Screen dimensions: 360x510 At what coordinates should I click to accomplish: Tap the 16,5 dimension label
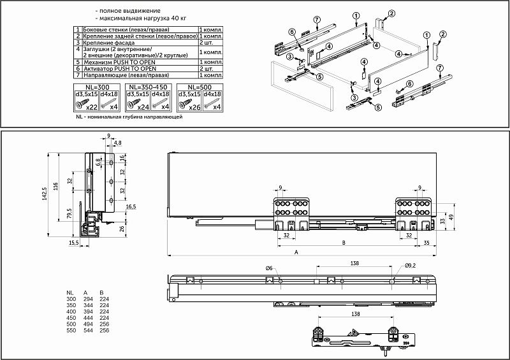pyautogui.click(x=131, y=207)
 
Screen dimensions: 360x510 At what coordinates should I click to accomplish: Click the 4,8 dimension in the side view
pyautogui.click(x=118, y=142)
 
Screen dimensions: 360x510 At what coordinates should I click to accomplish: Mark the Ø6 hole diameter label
pyautogui.click(x=269, y=267)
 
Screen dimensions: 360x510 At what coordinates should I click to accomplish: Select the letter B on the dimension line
pyautogui.click(x=344, y=243)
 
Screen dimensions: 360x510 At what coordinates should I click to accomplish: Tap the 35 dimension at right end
pyautogui.click(x=425, y=243)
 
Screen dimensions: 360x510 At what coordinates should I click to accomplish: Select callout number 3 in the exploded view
pyautogui.click(x=289, y=57)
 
